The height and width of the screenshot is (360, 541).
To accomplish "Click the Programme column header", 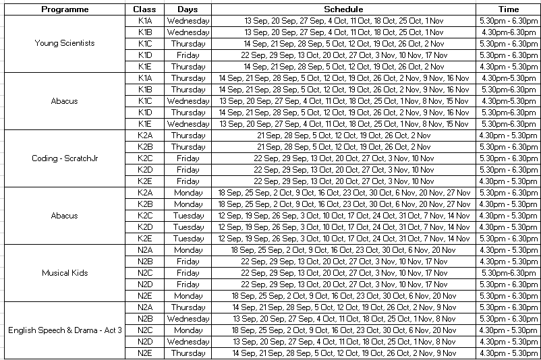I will [65, 9].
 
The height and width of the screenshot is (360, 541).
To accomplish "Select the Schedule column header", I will [343, 9].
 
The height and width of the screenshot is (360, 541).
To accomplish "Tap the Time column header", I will [508, 9].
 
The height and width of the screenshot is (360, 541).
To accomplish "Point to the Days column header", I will [188, 9].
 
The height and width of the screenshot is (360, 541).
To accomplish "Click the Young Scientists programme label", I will [65, 43].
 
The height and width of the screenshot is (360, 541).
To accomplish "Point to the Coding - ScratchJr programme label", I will [65, 158].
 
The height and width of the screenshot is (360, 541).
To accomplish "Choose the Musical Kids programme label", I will [65, 273].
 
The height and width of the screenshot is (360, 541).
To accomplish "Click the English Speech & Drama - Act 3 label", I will [65, 330].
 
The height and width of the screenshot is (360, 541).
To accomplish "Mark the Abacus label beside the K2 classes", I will [65, 216].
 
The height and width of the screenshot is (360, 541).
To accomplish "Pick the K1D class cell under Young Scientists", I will [145, 55].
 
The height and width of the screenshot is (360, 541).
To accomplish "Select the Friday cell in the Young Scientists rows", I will [188, 55].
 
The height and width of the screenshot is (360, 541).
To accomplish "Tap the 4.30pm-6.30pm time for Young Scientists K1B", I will [508, 32].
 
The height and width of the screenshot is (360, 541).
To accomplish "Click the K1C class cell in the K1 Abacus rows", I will [145, 101].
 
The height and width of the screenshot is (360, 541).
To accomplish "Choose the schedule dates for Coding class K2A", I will [343, 136].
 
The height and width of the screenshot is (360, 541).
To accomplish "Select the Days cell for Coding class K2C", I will [188, 158].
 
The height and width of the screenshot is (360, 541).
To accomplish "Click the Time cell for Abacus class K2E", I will [508, 239].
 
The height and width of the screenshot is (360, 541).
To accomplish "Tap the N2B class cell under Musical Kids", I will [145, 262].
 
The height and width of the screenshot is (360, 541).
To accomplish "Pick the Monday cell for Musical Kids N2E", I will [188, 296].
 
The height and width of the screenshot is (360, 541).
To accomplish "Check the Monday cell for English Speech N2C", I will [188, 330].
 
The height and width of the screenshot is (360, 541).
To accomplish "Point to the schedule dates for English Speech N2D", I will [343, 342].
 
